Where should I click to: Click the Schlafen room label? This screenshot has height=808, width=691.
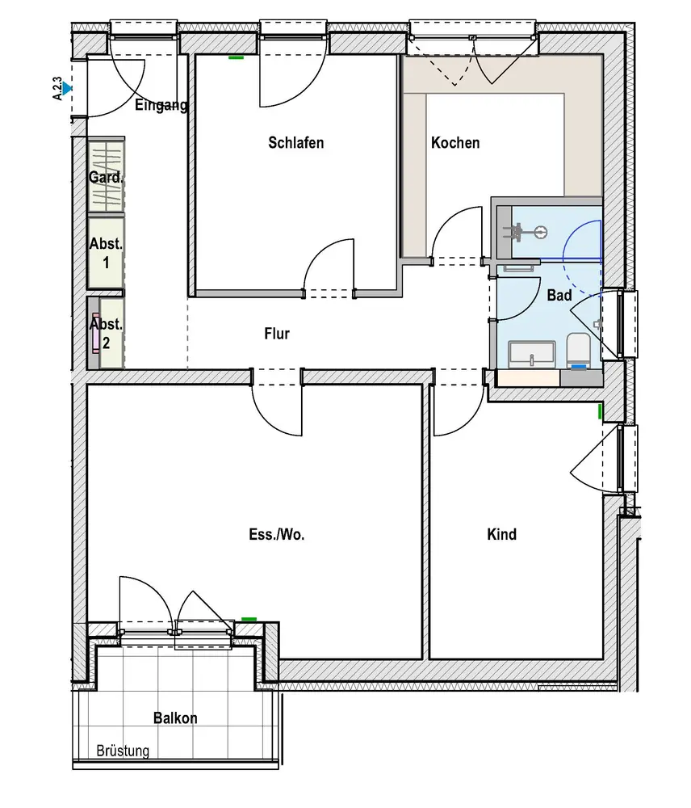pyautogui.click(x=295, y=143)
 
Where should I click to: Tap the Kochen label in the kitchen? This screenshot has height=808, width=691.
pyautogui.click(x=455, y=143)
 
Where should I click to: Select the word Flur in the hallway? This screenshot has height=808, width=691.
pyautogui.click(x=276, y=333)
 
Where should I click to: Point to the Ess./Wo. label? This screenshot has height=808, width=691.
pyautogui.click(x=277, y=534)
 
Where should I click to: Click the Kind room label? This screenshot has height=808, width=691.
pyautogui.click(x=501, y=534)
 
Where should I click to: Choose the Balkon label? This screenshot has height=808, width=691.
pyautogui.click(x=175, y=718)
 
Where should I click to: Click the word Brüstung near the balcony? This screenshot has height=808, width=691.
pyautogui.click(x=123, y=751)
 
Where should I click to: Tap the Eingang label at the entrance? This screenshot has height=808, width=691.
pyautogui.click(x=161, y=105)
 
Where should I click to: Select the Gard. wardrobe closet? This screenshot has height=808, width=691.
pyautogui.click(x=106, y=177)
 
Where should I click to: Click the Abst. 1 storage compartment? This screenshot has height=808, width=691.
pyautogui.click(x=106, y=253)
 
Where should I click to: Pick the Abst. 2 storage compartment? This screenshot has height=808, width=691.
pyautogui.click(x=106, y=333)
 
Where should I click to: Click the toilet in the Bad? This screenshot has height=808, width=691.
pyautogui.click(x=579, y=350)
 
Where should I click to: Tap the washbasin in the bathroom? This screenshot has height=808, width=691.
pyautogui.click(x=532, y=353)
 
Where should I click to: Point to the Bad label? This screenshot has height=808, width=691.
pyautogui.click(x=559, y=297)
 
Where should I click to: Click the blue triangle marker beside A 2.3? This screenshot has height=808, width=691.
pyautogui.click(x=68, y=88)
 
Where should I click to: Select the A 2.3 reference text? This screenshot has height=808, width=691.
pyautogui.click(x=57, y=88)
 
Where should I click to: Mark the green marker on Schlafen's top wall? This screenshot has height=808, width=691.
pyautogui.click(x=236, y=57)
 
